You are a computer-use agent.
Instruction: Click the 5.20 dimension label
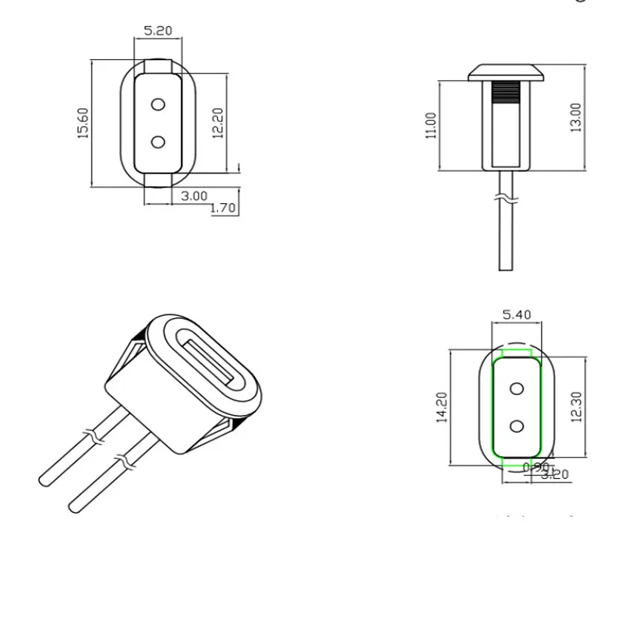tap(157, 31)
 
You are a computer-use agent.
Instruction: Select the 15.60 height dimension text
tap(83, 123)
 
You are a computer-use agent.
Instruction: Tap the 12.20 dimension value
tap(217, 123)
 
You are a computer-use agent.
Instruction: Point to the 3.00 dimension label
tap(194, 196)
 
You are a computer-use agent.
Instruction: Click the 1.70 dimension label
tap(222, 208)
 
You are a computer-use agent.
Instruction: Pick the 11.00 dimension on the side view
tap(431, 125)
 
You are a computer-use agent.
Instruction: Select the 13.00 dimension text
tap(576, 117)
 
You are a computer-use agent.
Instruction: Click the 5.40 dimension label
tap(517, 314)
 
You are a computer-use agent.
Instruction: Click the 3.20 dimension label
tap(556, 474)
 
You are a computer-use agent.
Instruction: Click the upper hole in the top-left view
tap(157, 105)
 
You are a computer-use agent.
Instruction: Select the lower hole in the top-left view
tap(157, 141)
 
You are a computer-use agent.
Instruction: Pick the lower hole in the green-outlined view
tap(517, 425)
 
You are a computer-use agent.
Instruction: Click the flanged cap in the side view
tap(506, 73)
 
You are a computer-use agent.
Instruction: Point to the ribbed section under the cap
tap(506, 93)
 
